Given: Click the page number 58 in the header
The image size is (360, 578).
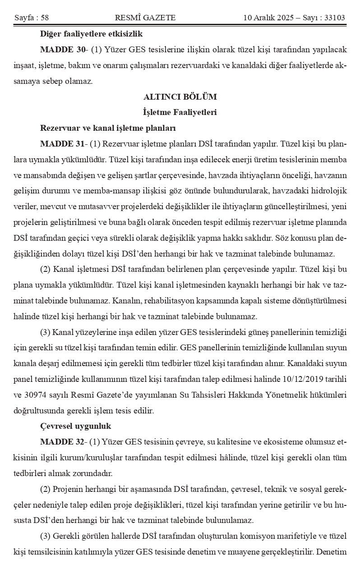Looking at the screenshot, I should click(x=44, y=18).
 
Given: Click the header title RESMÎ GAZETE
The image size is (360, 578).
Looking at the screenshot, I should click(x=145, y=18).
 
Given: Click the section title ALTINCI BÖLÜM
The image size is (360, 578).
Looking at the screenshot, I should click(x=180, y=97).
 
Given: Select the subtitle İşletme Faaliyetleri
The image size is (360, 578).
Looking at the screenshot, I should click(x=180, y=112).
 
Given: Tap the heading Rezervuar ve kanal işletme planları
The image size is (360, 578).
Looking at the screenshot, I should click(x=108, y=128).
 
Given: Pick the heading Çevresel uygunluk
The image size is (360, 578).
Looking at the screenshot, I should click(x=76, y=426).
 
